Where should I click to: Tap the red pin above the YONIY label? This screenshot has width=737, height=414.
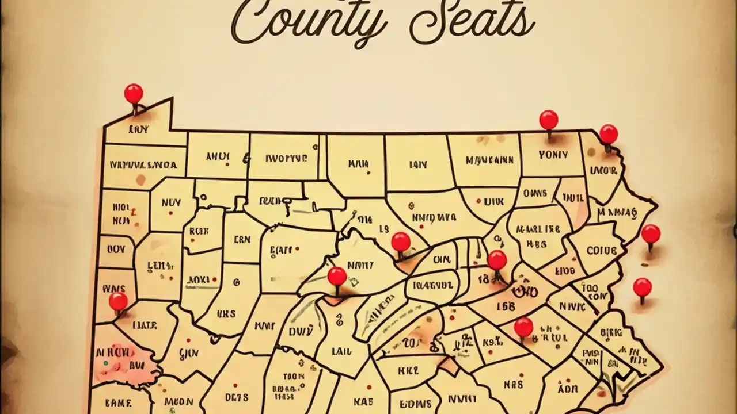pos(548,120)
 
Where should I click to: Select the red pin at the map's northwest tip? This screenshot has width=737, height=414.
pos(134,94)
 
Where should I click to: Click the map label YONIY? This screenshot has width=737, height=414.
pos(553,155)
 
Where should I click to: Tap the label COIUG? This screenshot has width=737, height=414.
pos(601,251)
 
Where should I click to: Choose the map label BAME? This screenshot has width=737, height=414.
pos(120,402)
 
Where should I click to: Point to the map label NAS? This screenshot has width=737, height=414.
pos(513,384)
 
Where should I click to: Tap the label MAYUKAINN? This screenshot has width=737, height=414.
pos(489,160)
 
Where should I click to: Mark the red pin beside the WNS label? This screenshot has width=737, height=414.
pos(118,301)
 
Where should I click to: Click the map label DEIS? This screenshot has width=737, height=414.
pos(237,397)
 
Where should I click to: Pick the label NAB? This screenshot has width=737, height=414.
pos(364,402)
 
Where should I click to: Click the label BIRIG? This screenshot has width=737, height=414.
pos(610,332)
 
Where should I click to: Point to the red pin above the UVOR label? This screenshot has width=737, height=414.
pos(608,134)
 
